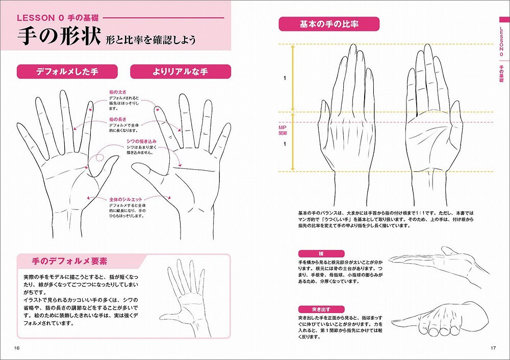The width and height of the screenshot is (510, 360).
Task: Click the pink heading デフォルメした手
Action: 67,72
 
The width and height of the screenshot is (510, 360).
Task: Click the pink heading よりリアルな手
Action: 180,72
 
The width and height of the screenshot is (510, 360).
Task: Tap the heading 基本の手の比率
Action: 328,24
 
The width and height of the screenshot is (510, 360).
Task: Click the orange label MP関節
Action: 283,130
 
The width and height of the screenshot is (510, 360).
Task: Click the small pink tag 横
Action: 321,253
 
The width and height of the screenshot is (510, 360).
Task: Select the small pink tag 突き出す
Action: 321,310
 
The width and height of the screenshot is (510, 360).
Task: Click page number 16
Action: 17,348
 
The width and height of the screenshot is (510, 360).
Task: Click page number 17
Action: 493,348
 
